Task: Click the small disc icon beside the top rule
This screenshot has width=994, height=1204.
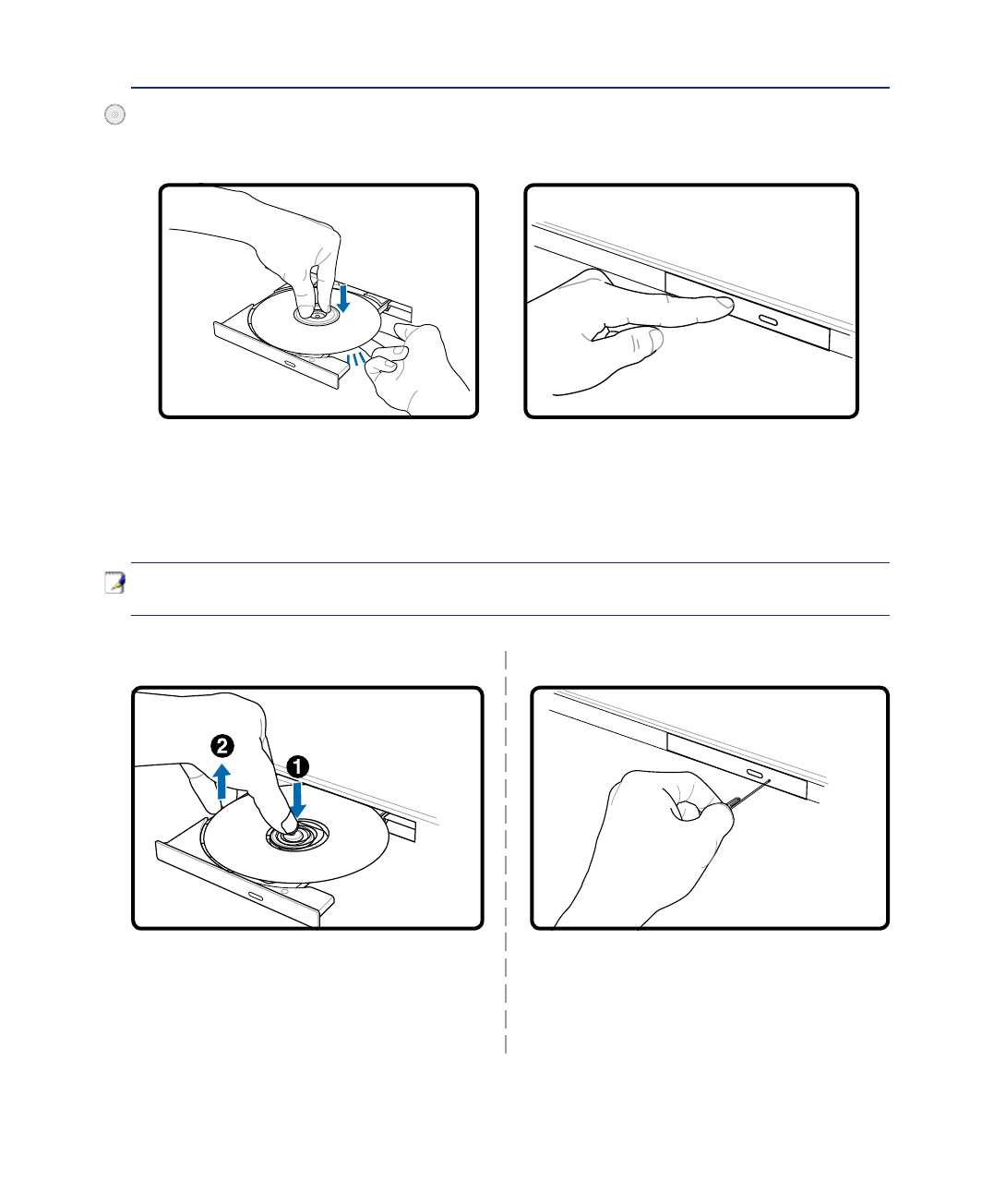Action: click(x=114, y=114)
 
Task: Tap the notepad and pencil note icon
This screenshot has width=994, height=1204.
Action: click(x=114, y=583)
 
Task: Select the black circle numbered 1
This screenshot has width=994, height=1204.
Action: click(x=297, y=767)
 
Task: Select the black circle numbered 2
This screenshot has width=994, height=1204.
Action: click(x=222, y=746)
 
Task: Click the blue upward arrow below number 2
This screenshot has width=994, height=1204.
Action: click(x=222, y=781)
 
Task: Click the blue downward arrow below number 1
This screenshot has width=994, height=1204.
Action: click(x=297, y=800)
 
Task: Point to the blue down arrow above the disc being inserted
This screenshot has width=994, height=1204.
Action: click(x=343, y=297)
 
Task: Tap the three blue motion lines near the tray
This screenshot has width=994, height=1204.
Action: click(x=355, y=359)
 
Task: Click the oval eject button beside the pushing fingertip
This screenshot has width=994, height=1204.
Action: click(x=768, y=320)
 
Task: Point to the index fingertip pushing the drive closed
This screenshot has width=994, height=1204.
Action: click(x=725, y=304)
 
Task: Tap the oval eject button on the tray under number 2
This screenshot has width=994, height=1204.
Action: click(x=256, y=897)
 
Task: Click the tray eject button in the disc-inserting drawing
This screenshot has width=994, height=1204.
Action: click(x=289, y=364)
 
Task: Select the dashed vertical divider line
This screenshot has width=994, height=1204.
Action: click(x=506, y=851)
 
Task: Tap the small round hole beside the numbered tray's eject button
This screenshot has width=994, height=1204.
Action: click(x=285, y=892)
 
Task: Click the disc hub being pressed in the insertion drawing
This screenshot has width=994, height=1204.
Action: click(x=317, y=315)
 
